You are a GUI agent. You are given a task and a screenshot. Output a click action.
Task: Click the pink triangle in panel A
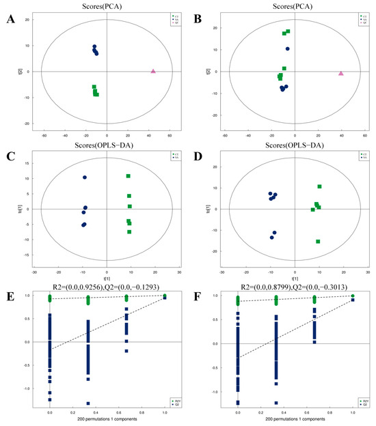[x=153, y=71]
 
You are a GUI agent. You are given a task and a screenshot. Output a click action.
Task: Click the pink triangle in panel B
[x=340, y=73]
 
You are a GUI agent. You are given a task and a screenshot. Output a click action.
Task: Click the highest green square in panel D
[x=319, y=186]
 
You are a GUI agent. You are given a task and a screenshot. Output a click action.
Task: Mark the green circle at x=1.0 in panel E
[x=165, y=296]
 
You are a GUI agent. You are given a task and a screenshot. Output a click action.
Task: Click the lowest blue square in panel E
[x=88, y=403]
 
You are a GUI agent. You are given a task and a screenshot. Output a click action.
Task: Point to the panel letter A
[x=10, y=18]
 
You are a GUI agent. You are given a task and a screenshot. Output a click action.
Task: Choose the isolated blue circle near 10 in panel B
[x=288, y=48]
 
